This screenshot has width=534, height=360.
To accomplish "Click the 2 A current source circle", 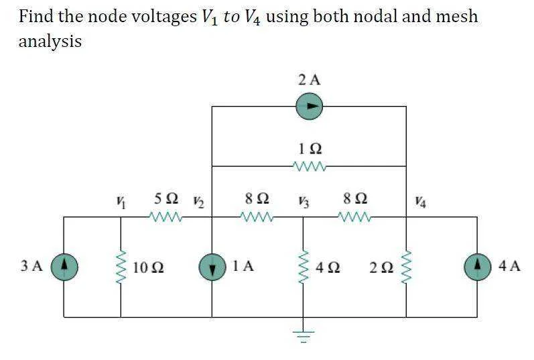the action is pyautogui.click(x=310, y=106).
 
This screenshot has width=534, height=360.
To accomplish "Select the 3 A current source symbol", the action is pyautogui.click(x=64, y=267).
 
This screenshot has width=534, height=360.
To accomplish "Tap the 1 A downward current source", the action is pyautogui.click(x=212, y=267).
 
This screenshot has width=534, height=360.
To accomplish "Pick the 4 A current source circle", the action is pyautogui.click(x=478, y=267).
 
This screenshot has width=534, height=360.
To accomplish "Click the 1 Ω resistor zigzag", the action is pyautogui.click(x=310, y=166).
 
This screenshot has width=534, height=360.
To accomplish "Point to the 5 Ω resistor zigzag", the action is pyautogui.click(x=165, y=217).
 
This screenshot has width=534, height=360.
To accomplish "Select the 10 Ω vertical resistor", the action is pyautogui.click(x=121, y=267).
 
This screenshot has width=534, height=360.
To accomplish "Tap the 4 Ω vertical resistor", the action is pyautogui.click(x=304, y=267).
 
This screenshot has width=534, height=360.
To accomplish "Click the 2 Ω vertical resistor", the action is pyautogui.click(x=406, y=267).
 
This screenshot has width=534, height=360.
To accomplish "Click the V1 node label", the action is pyautogui.click(x=120, y=203).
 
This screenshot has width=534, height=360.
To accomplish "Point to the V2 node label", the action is pyautogui.click(x=198, y=202).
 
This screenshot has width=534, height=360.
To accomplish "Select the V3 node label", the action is pyautogui.click(x=304, y=202).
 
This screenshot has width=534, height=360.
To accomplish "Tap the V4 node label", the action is pyautogui.click(x=420, y=202).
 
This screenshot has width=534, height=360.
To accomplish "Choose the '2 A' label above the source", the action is pyautogui.click(x=310, y=80).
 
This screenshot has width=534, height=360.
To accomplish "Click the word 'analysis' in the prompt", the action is pyautogui.click(x=50, y=42).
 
